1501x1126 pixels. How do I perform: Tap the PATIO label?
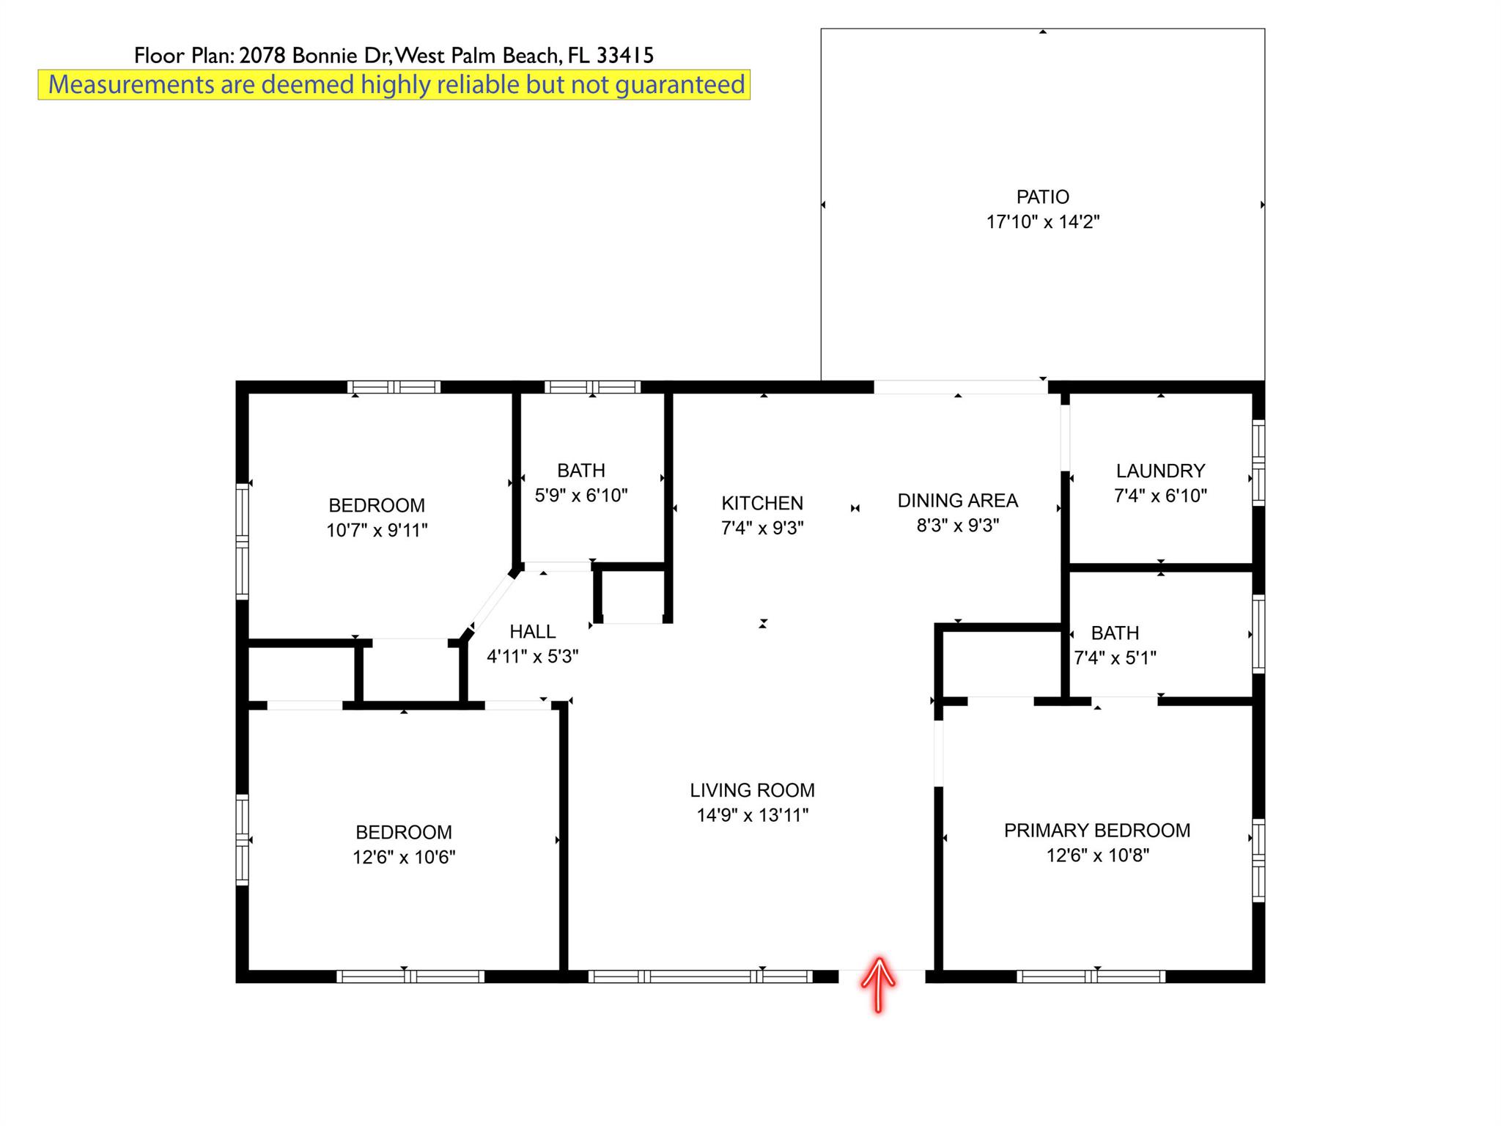point(1042,196)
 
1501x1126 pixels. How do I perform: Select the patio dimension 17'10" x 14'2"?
point(1043,221)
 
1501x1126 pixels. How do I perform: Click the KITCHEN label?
point(762,503)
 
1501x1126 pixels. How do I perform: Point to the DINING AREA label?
point(958,501)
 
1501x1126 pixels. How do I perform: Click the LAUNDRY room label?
point(1160,471)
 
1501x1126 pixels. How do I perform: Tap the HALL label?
point(533,631)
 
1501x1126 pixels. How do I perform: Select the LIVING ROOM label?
point(752,790)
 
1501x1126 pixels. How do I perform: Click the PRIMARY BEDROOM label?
point(1097,831)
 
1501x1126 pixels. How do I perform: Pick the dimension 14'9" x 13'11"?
point(753,815)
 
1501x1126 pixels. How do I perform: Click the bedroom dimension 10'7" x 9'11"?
point(377,530)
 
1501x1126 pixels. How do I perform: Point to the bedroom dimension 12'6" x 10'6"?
point(404,857)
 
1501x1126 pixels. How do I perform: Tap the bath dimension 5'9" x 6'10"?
point(581,496)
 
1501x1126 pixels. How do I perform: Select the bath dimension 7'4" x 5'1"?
point(1115,658)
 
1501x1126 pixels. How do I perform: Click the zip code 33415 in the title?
point(625,55)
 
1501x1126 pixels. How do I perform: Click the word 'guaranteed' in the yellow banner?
point(679,85)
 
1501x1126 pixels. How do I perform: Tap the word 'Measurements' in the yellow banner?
point(130,85)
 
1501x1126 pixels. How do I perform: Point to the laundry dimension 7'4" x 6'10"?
point(1160,496)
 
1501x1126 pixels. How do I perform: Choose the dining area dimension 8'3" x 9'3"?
point(958,526)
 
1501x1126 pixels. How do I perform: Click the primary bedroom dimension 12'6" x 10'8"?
point(1097,855)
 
